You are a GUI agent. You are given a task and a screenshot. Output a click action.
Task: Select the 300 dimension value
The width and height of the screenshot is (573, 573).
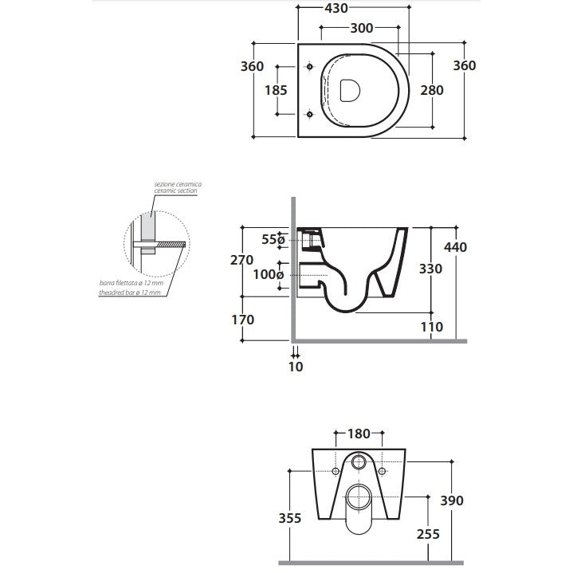coord(362,28)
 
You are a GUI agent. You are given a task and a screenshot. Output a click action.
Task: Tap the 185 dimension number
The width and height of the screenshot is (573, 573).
coord(276,90)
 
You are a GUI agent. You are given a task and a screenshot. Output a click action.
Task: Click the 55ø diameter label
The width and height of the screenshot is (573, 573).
coord(272,238)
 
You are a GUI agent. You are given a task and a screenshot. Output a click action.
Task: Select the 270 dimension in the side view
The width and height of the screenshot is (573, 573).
coord(241,260)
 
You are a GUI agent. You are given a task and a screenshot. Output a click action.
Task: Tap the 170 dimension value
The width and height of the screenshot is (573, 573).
coord(241,320)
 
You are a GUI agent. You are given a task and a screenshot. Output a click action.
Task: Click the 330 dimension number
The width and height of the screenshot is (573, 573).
coord(430,269)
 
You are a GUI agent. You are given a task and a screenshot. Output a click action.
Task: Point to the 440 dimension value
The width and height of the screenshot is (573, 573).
coord(456,247)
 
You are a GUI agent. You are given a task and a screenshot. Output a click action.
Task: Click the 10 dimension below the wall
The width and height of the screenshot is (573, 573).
coord(295,367)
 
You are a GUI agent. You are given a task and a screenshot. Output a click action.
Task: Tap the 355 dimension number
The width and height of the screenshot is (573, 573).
coord(290,518)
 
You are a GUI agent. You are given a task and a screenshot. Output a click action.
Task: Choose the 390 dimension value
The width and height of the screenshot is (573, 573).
coord(451,500)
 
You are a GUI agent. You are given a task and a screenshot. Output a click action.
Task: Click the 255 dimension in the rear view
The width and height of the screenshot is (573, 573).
coord(428,535)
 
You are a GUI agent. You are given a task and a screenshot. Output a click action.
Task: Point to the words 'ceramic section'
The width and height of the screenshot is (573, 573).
coord(176,191)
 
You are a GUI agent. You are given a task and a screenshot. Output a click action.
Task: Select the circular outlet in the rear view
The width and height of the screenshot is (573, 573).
coord(359,462)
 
